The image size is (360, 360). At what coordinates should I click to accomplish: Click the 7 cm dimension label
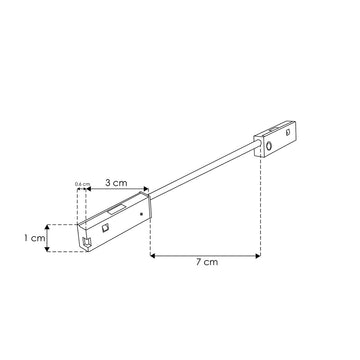pyautogui.click(x=207, y=262)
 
